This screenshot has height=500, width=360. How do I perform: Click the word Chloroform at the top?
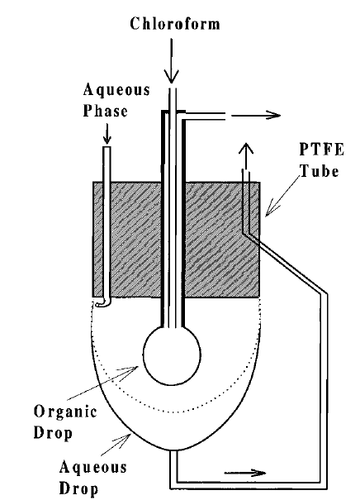(175, 24)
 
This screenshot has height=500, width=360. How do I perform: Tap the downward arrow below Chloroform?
(172, 60)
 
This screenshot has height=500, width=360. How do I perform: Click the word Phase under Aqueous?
(105, 111)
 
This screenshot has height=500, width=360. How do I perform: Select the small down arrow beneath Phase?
(107, 133)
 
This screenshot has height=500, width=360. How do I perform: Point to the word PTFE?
(322, 150)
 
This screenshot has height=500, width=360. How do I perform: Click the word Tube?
(320, 170)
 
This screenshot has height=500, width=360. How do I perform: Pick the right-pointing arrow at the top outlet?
(256, 115)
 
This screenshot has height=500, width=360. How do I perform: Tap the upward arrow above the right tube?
(245, 155)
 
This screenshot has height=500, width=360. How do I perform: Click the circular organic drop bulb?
(172, 355)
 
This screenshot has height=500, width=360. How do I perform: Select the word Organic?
(65, 412)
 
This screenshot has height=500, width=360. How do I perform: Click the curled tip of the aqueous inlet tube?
(102, 304)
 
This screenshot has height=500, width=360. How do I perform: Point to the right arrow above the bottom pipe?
(245, 473)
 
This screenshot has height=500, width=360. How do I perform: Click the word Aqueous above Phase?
(116, 90)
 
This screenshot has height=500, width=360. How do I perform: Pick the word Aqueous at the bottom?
(92, 468)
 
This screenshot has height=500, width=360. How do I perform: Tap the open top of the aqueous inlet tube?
(107, 147)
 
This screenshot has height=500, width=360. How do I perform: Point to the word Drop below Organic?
(53, 433)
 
